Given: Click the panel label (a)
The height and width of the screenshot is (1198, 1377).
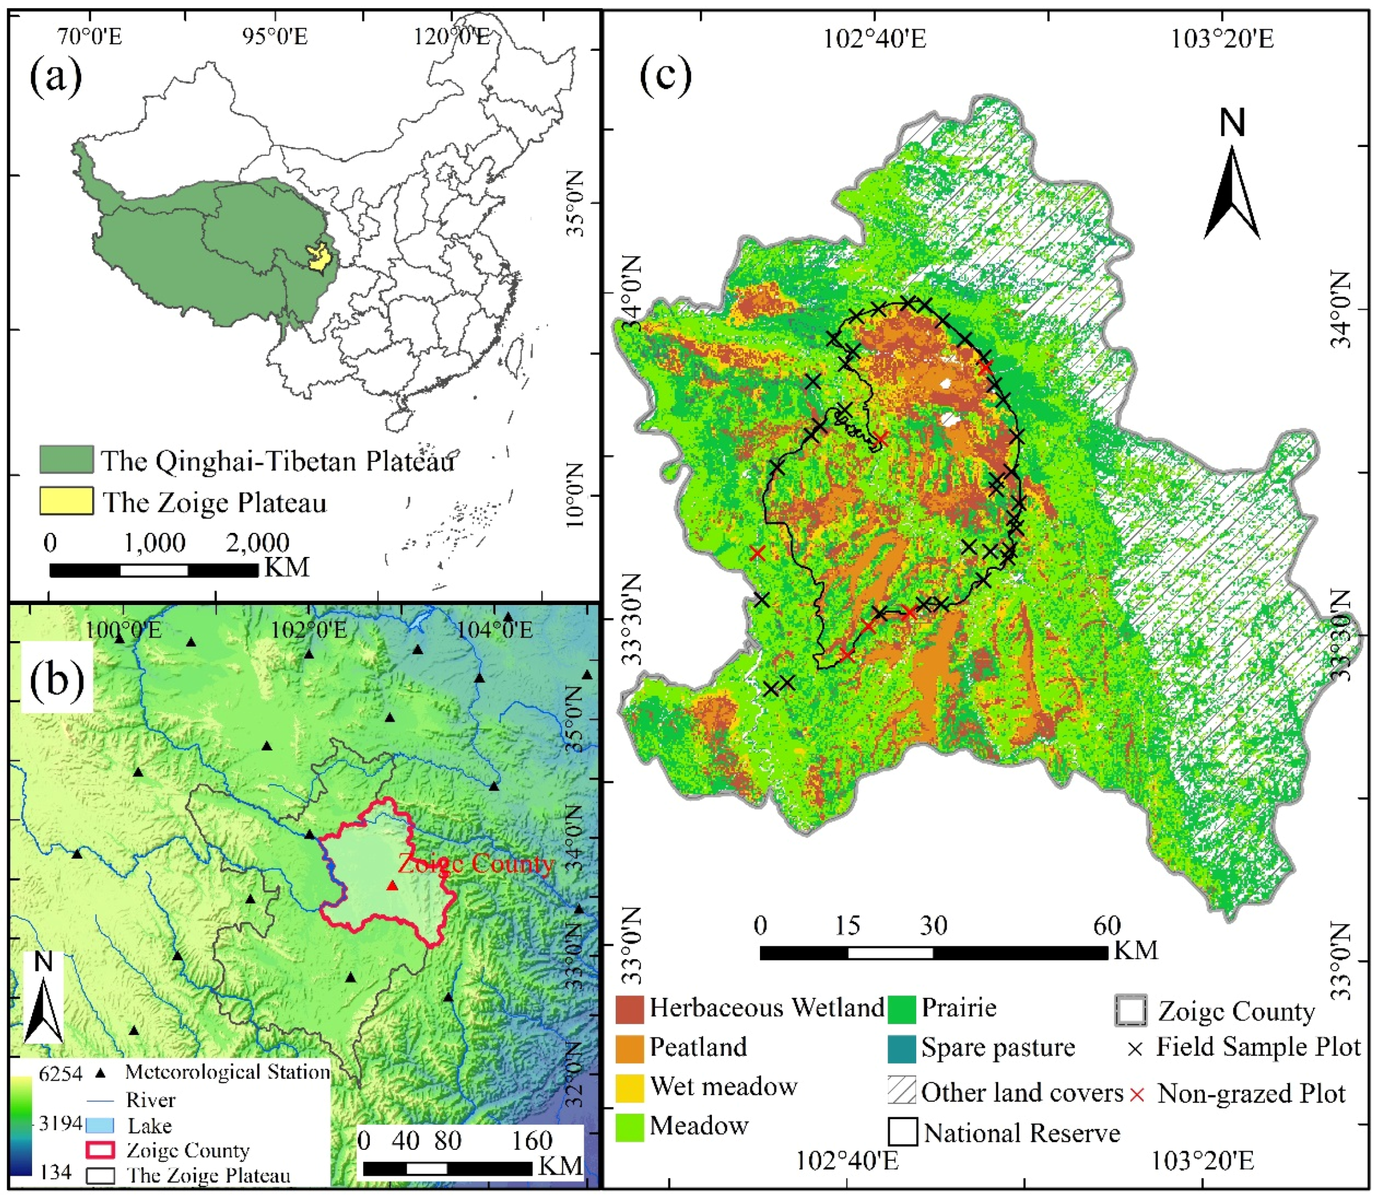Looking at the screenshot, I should pyautogui.click(x=56, y=76).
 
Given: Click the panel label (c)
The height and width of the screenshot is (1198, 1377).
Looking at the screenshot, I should pyautogui.click(x=666, y=76).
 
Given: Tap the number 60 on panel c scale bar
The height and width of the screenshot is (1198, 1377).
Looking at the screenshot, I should pyautogui.click(x=1107, y=926).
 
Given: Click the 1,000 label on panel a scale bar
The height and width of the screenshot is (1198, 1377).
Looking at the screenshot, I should pyautogui.click(x=155, y=543).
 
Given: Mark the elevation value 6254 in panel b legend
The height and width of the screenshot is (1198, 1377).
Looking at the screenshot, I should pyautogui.click(x=60, y=1074).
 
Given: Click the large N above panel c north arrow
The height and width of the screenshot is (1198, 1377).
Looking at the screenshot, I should pyautogui.click(x=1233, y=123).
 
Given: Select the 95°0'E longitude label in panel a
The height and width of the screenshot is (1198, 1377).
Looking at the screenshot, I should pyautogui.click(x=275, y=36).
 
